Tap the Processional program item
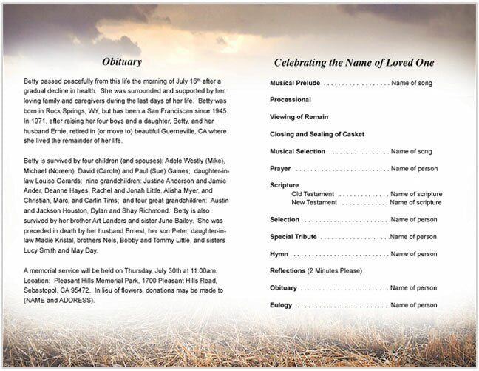tap(290, 98)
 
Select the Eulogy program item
tap(280, 304)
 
